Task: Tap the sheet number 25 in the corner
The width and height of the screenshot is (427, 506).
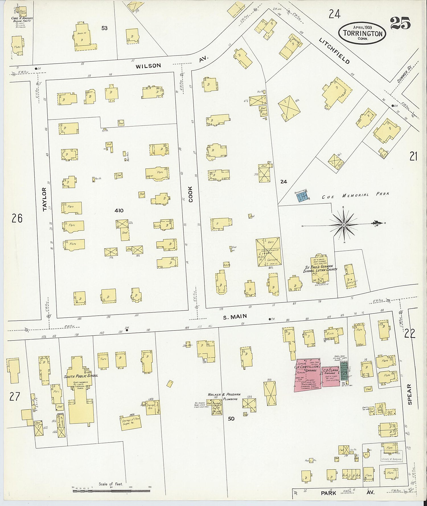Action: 400,23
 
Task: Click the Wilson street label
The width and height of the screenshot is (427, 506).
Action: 148,66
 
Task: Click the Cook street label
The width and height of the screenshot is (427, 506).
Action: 190,194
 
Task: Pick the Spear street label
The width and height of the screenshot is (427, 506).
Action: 409,394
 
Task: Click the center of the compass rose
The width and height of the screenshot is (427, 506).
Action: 344,225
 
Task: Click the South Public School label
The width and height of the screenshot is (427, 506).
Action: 81,375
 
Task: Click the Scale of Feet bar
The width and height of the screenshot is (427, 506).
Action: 111,491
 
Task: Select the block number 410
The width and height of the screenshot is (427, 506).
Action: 119,210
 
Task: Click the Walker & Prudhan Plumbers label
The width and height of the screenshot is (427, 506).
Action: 224,396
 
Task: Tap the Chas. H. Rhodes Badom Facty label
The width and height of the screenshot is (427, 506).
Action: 22,20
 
